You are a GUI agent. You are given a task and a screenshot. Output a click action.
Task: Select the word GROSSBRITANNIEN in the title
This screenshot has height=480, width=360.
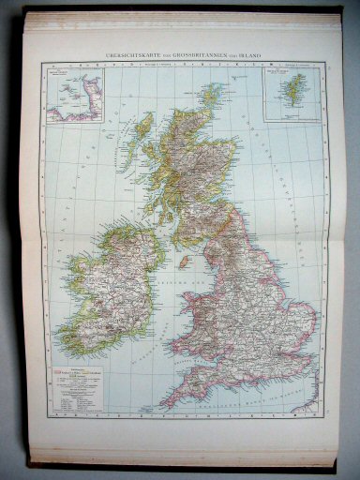(201, 52)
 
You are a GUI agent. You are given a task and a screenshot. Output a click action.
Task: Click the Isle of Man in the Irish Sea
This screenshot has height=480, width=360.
(186, 260)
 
